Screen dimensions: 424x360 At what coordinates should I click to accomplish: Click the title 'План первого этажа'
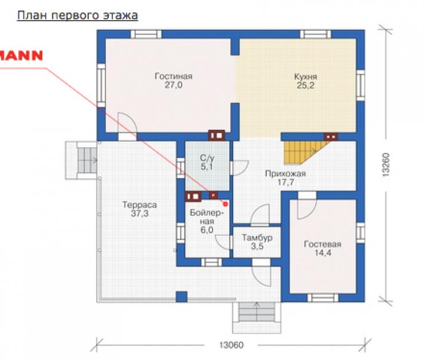(77, 15)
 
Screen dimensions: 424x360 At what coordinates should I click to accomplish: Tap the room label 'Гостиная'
(174, 76)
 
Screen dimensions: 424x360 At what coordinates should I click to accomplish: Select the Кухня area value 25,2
(305, 85)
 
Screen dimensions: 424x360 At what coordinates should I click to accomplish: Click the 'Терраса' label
(140, 205)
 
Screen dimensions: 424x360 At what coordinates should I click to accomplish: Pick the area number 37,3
(140, 213)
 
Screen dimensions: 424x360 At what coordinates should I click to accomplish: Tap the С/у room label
(207, 158)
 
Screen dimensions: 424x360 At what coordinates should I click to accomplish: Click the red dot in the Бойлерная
(225, 204)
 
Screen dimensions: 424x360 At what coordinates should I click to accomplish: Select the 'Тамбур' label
(257, 238)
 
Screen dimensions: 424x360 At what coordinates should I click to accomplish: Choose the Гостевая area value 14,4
(323, 253)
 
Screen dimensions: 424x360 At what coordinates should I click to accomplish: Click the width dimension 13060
(231, 345)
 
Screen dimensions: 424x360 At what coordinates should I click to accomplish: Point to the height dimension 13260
(386, 165)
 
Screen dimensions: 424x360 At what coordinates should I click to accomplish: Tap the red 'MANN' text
(21, 56)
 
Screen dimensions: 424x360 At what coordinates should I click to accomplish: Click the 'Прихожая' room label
(285, 173)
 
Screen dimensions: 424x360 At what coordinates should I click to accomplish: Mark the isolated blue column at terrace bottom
(182, 296)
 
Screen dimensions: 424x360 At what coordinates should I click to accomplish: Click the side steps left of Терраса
(81, 160)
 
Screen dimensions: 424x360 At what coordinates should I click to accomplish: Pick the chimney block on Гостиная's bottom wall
(217, 136)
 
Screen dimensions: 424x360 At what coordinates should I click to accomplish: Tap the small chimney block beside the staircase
(331, 137)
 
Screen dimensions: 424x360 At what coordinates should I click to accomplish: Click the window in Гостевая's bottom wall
(323, 298)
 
